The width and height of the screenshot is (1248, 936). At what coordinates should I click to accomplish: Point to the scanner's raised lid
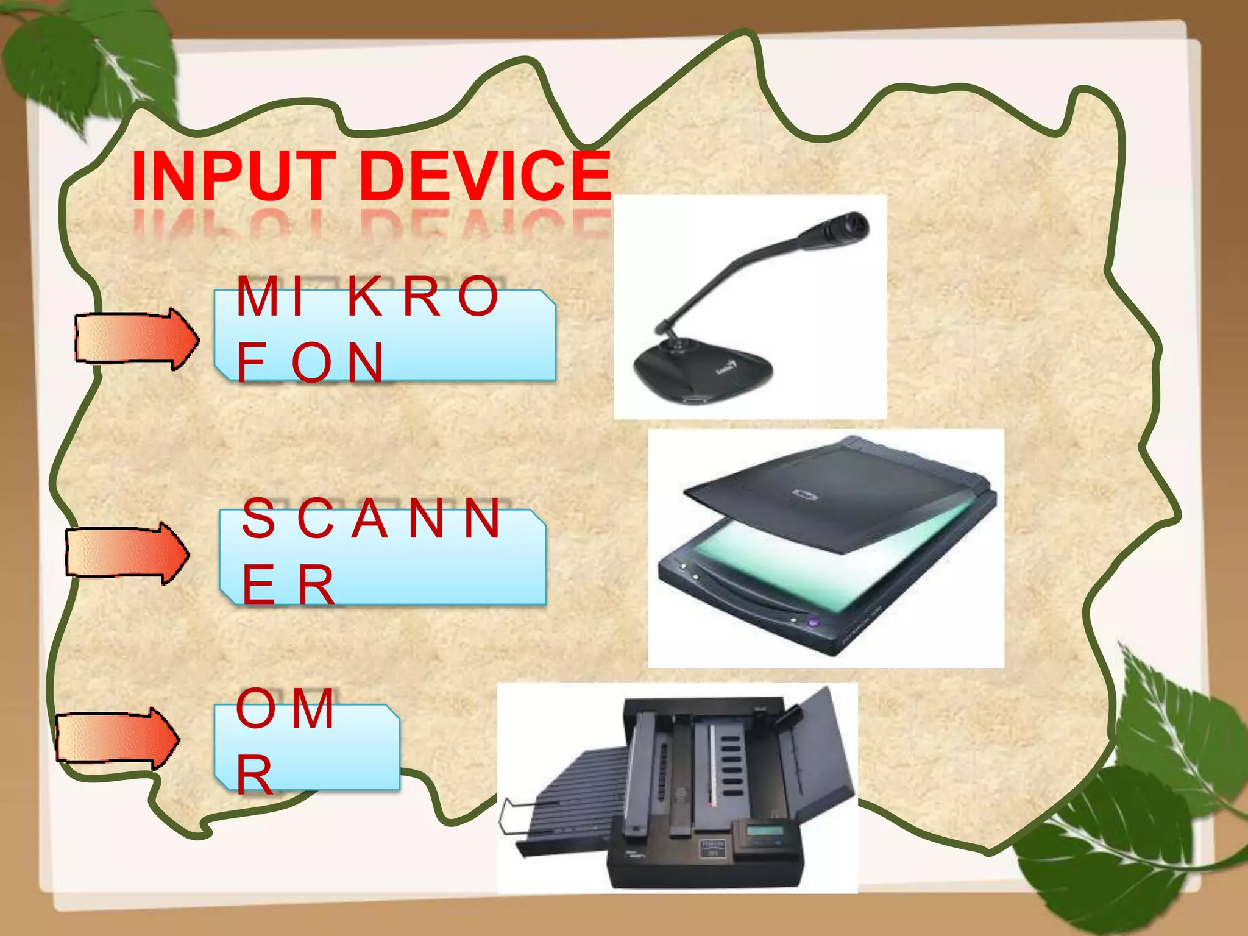tap(835, 494)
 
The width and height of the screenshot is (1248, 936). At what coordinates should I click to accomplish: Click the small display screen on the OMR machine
tap(765, 830)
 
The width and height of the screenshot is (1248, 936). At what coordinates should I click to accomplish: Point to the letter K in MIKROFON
tap(365, 297)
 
